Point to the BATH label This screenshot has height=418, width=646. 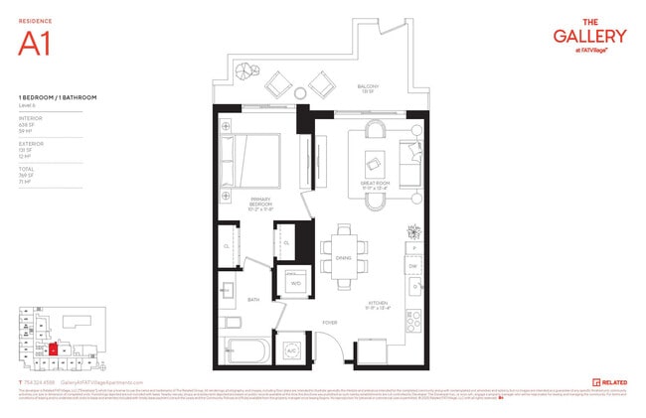tap(253, 299)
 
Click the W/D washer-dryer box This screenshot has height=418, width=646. tap(295, 283)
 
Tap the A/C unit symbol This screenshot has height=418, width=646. tap(292, 351)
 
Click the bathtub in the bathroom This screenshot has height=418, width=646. tap(249, 351)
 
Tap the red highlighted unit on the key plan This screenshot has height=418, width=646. tap(52, 350)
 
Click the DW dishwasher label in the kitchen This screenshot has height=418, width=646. tap(413, 265)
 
